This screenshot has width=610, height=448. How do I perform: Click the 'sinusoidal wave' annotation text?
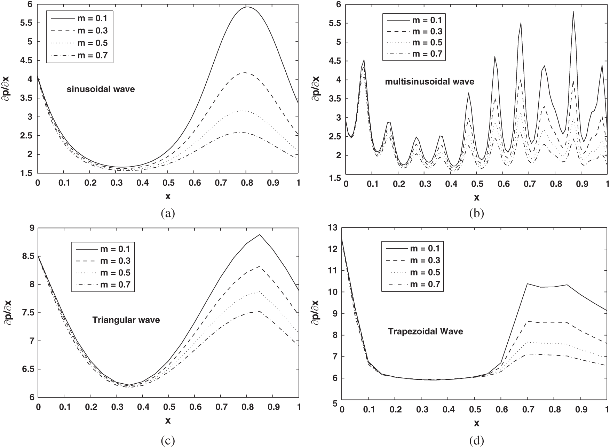tap(101, 89)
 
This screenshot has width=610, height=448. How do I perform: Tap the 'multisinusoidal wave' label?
tap(430, 82)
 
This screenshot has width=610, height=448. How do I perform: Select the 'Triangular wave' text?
tap(126, 320)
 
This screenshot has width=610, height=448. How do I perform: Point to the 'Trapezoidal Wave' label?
tap(425, 331)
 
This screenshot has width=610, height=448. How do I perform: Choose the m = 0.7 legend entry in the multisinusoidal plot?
tap(414, 54)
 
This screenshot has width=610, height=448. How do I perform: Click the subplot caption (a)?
tap(168, 213)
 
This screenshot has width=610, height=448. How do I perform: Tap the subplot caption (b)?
tap(476, 213)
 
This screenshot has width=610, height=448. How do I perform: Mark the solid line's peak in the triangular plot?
tap(260, 235)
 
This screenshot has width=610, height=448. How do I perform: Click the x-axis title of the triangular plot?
tap(168, 421)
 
